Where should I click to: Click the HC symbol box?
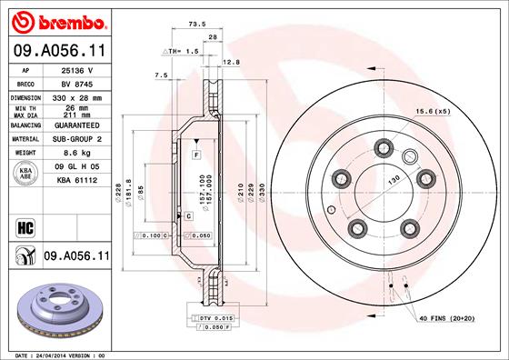pyautogui.click(x=25, y=226)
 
